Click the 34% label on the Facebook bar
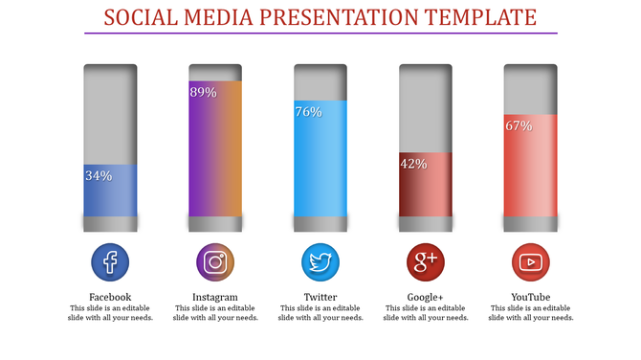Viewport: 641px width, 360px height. pos(99,176)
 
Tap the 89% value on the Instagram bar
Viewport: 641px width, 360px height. pos(203,93)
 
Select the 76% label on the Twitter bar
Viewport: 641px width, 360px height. pos(308,112)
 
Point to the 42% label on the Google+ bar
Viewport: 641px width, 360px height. pos(413,164)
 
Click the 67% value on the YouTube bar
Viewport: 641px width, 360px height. pos(519,125)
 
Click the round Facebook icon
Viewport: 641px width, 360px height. pos(110,261)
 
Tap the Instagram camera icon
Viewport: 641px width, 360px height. pos(215,261)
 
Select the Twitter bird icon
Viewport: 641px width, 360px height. pos(320,261)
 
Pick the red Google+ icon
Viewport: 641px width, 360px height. pos(426,261)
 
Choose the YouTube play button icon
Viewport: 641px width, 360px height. pos(531,261)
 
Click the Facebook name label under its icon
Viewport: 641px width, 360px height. pos(110,297)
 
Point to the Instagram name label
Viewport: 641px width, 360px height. pos(215,297)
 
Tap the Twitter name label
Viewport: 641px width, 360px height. pos(320,297)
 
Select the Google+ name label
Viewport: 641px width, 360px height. pos(426,297)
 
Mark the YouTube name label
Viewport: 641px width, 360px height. pos(531,297)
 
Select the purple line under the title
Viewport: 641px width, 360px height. pos(320,34)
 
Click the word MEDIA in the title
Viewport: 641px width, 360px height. pos(222,17)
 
